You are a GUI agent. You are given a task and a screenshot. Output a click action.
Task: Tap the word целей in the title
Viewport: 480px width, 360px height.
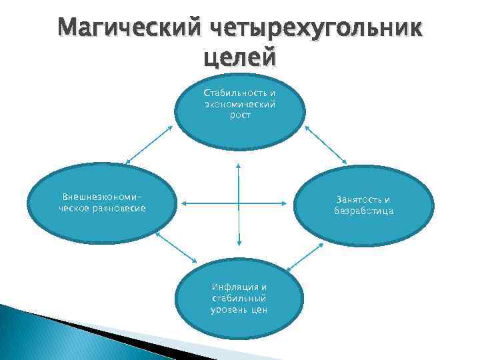click(239, 58)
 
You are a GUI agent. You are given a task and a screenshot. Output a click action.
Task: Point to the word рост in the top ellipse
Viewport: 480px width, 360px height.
click(240, 115)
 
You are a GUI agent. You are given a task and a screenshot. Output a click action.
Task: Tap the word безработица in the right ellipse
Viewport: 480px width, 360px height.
click(364, 211)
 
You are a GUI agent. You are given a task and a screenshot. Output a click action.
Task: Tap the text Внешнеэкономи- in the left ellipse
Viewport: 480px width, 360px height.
click(103, 197)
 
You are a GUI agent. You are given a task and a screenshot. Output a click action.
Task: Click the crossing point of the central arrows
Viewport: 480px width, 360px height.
click(239, 203)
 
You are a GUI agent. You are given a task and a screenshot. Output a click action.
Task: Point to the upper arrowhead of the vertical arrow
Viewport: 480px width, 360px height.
click(239, 164)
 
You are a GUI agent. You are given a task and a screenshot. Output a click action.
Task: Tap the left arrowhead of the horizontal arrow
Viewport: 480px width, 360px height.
click(184, 203)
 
